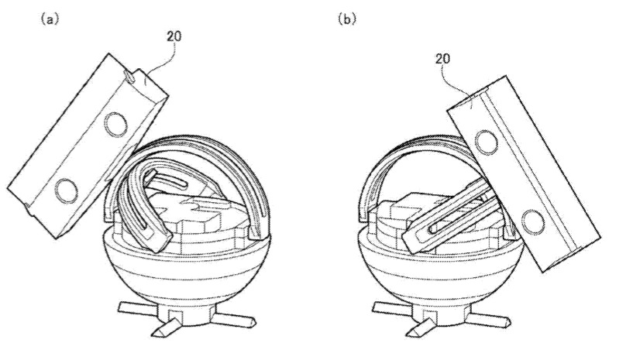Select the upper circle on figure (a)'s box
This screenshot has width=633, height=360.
[x=115, y=122]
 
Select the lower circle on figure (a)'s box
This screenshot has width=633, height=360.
[x=64, y=187]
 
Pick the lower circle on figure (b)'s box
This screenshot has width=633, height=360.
[x=532, y=222]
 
